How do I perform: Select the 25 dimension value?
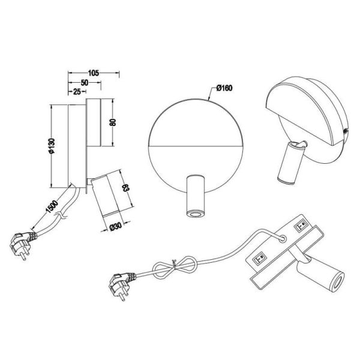(x=77, y=92)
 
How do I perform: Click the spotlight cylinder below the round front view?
(x=195, y=196)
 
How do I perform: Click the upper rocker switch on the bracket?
(x=299, y=227)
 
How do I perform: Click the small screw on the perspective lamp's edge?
(x=346, y=130)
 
